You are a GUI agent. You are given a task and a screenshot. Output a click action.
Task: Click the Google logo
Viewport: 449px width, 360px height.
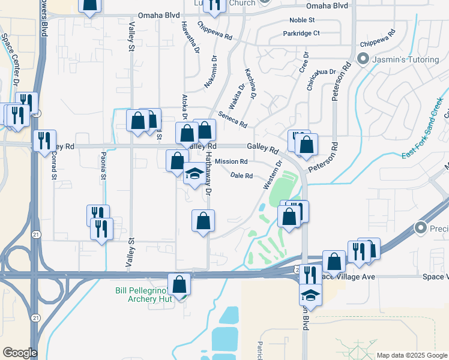point(20,353)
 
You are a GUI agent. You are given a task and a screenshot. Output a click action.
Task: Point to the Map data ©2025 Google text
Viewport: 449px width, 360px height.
point(412,355)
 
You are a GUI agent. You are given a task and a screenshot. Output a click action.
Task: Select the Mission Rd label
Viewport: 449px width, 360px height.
point(231,161)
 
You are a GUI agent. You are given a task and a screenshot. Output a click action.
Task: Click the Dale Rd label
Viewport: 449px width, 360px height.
point(241,176)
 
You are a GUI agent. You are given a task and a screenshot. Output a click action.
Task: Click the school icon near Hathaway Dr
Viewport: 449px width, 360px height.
point(194,174)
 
